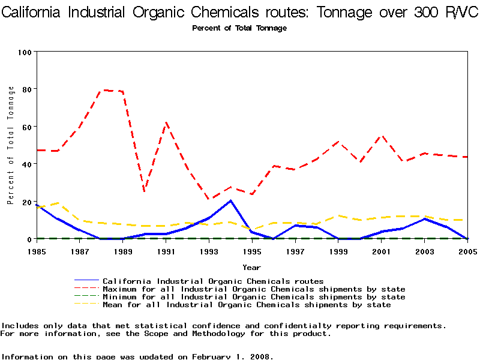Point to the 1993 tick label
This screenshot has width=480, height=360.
(x=208, y=251)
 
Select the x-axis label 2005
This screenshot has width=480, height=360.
(x=467, y=251)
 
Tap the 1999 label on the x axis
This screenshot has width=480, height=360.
(x=338, y=251)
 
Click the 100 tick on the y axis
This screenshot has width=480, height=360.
(x=24, y=52)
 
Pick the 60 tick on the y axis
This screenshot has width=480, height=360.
(x=26, y=127)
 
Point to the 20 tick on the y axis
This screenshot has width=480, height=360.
(x=26, y=202)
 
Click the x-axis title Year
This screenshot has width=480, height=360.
(x=251, y=267)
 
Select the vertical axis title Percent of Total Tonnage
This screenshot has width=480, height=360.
(x=11, y=145)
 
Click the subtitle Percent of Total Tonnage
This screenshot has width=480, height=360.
(x=239, y=28)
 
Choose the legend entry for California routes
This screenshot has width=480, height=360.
(x=213, y=281)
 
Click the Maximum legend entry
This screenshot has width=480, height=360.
(x=254, y=289)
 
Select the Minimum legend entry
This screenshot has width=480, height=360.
(x=254, y=297)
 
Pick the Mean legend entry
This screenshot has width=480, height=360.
(x=247, y=305)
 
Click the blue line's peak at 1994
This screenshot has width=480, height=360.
(x=230, y=200)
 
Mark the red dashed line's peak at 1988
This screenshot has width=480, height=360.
(x=104, y=90)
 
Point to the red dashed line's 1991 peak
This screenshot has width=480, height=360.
(x=166, y=123)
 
